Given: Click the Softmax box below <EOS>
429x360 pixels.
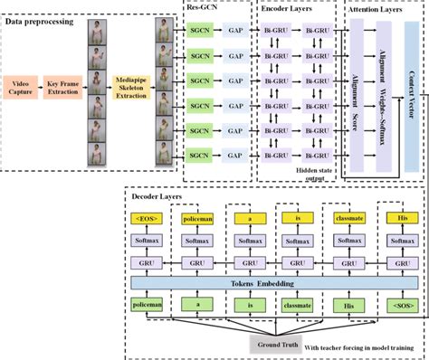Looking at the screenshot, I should click(x=149, y=243).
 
